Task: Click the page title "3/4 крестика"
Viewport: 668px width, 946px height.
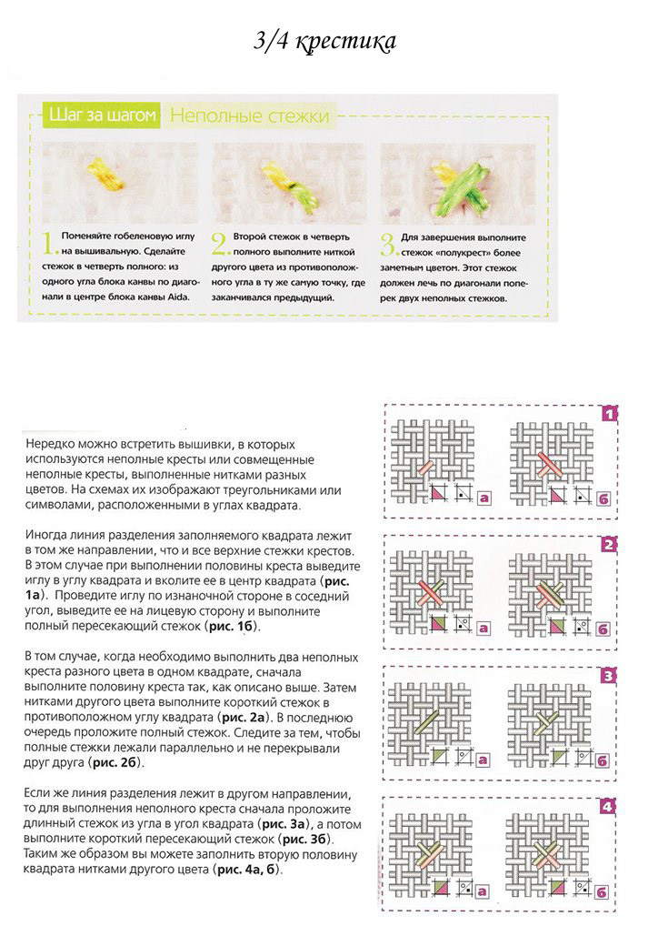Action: tap(324, 43)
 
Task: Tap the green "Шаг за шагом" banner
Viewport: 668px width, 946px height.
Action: tap(102, 116)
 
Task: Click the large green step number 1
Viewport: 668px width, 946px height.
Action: tap(51, 244)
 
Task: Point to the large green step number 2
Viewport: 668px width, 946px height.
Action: tap(219, 244)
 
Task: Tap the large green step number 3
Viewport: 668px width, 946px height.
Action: tap(388, 244)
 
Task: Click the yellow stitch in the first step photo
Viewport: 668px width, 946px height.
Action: tap(107, 173)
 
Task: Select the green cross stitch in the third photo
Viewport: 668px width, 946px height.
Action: tap(461, 181)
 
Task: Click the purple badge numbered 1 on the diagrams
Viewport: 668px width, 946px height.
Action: tap(609, 414)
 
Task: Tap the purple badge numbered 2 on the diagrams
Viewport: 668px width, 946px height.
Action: tap(609, 545)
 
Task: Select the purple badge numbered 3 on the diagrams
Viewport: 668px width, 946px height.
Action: tap(609, 676)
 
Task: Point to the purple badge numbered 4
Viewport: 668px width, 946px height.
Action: tap(609, 806)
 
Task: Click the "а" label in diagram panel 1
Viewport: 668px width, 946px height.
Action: tap(484, 498)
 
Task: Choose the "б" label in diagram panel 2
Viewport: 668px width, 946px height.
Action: tap(603, 628)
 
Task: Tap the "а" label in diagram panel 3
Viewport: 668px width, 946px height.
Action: tap(484, 758)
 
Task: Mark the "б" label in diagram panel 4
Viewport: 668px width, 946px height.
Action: tap(603, 891)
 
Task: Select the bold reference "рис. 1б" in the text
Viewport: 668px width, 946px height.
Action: tap(231, 627)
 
